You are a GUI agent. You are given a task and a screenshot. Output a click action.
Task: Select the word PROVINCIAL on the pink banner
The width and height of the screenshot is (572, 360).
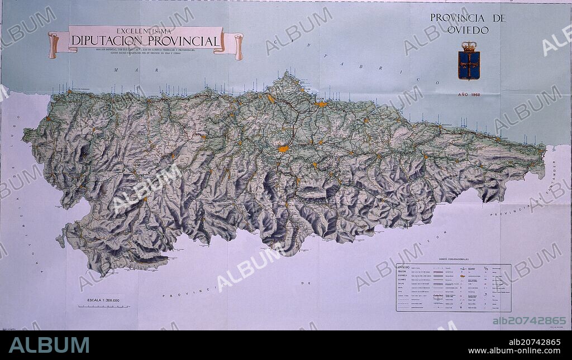click(x=184, y=41)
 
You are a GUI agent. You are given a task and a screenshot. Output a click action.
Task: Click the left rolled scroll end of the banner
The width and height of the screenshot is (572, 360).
click(x=54, y=45)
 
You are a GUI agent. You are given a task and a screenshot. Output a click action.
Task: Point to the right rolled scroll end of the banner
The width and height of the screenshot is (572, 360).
click(x=239, y=46)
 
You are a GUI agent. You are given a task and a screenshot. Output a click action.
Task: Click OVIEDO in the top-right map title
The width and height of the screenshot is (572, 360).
click(x=468, y=30)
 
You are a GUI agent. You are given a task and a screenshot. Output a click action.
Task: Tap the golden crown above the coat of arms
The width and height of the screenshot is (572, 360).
click(x=469, y=47)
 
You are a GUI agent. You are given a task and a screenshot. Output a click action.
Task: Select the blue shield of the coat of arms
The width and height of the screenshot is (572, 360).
click(x=469, y=65)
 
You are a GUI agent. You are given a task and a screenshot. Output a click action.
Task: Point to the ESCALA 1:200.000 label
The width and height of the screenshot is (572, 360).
click(x=103, y=300)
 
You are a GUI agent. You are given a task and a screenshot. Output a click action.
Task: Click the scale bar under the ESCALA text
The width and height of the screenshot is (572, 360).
click(x=103, y=306)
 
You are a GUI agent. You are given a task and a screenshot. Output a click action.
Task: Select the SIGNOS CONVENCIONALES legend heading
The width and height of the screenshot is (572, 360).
click(x=453, y=260)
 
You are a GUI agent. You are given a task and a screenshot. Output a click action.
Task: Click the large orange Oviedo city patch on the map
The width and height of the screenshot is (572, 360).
click(x=283, y=149)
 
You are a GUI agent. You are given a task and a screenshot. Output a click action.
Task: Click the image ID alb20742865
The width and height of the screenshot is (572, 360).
click(x=529, y=320)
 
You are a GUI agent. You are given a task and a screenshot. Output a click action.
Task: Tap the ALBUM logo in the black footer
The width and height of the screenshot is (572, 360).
click(x=49, y=345)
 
